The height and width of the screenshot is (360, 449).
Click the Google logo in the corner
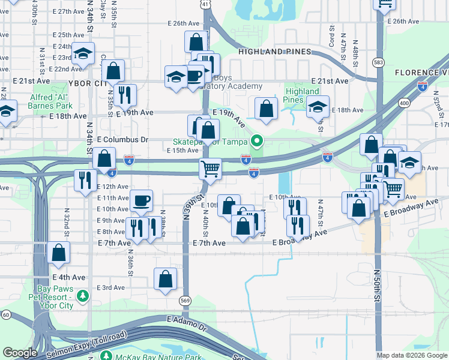click(20, 353)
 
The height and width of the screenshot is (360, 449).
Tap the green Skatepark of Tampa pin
click(257, 142)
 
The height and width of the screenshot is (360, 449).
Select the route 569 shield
click(186, 299)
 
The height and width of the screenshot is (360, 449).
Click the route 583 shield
click(378, 62)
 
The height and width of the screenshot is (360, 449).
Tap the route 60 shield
click(6, 314)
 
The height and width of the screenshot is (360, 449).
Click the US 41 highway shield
click(206, 4)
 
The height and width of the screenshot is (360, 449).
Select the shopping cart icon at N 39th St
click(211, 169)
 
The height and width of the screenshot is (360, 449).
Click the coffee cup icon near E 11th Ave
click(141, 200)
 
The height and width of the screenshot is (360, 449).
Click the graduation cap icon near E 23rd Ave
click(83, 52)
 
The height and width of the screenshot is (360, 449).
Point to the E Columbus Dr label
click(122, 139)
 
